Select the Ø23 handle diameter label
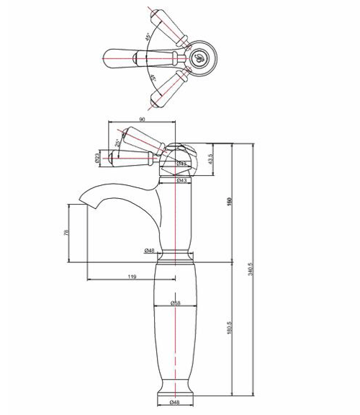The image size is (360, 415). click(x=96, y=156)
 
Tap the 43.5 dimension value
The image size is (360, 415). click(x=210, y=157)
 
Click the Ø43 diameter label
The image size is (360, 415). click(x=182, y=180)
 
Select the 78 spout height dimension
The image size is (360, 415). click(x=66, y=233)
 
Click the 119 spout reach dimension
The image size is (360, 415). click(x=132, y=276)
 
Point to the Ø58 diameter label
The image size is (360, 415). click(x=176, y=303)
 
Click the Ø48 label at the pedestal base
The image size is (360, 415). click(x=174, y=402)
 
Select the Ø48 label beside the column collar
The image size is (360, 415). click(x=150, y=250)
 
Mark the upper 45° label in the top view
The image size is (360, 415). click(x=148, y=36)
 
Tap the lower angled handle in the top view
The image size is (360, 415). click(x=170, y=86)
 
